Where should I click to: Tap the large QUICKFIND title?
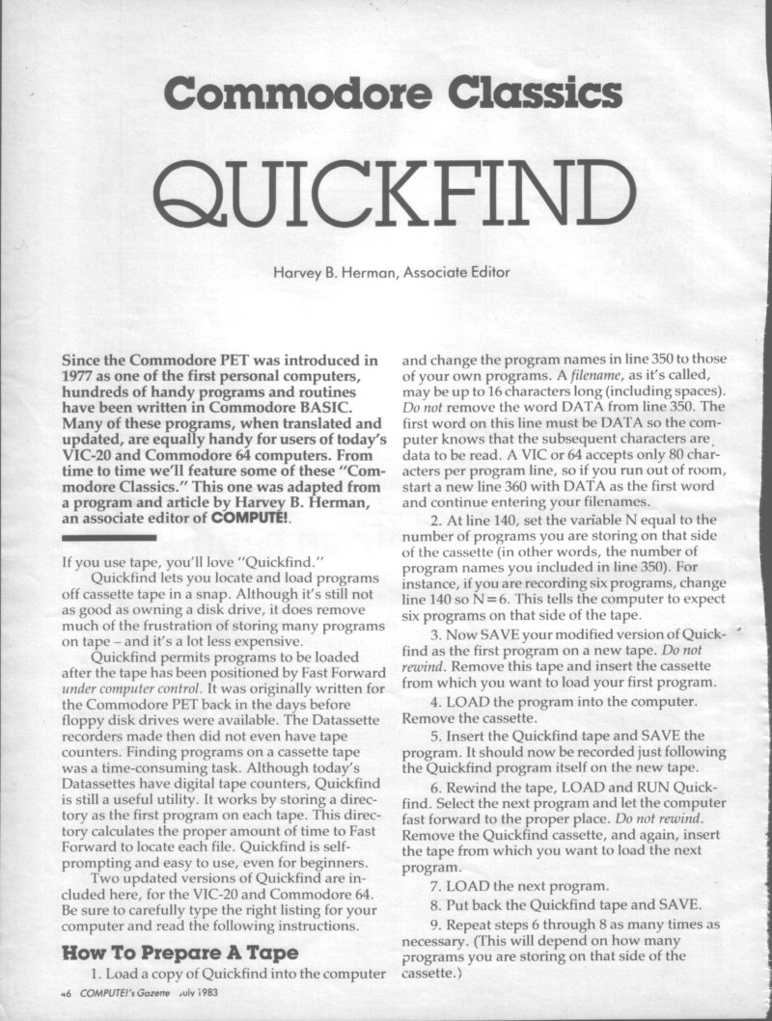coord(386,188)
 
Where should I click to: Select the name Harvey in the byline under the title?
coord(298,273)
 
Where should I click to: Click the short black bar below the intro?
coord(107,537)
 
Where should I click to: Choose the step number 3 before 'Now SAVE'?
coord(435,635)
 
